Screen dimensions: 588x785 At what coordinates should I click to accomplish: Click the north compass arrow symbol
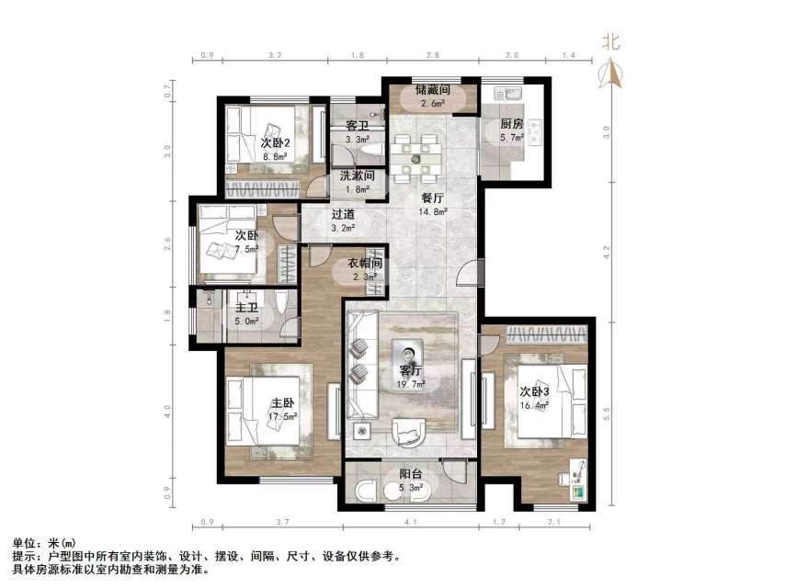pos(612,73)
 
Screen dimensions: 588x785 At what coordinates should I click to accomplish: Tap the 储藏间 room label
pos(431,91)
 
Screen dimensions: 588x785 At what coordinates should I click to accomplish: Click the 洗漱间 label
pos(356,176)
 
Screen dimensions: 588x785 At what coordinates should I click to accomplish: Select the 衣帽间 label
pos(365,263)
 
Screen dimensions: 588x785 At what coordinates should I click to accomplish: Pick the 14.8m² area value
pos(433,211)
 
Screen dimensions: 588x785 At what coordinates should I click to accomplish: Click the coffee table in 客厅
pos(405,353)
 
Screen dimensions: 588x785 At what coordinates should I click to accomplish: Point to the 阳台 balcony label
pos(410,475)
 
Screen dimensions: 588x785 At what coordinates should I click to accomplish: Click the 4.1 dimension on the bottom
pos(411,524)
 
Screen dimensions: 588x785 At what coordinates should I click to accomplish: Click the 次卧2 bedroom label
pos(274,143)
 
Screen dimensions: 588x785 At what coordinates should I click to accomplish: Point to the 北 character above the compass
pos(611,41)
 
